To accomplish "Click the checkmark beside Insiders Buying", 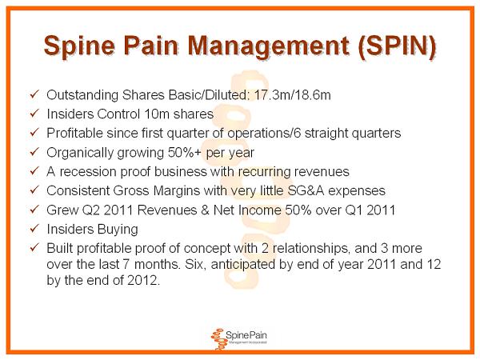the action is click(x=34, y=228).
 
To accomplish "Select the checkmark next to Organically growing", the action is click(x=34, y=152).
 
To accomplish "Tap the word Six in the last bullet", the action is click(x=194, y=264).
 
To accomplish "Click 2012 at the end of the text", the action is click(x=143, y=280).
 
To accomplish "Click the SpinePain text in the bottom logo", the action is click(x=246, y=335).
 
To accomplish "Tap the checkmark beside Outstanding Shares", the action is click(x=34, y=94).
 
